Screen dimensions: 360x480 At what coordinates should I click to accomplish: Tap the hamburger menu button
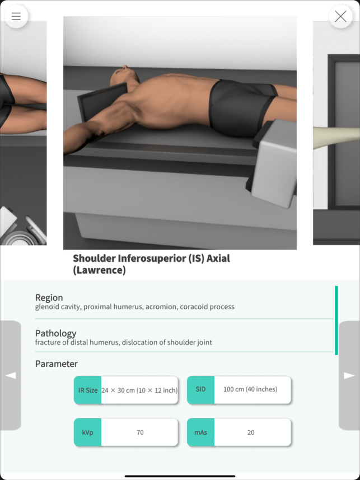point(16,16)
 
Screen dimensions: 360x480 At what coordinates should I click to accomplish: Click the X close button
point(340,17)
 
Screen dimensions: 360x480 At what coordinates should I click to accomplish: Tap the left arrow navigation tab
point(11,375)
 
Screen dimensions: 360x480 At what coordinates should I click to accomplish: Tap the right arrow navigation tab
point(349,375)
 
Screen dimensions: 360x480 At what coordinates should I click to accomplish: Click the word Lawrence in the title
point(99,270)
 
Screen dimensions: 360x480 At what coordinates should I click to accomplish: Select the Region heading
point(49,298)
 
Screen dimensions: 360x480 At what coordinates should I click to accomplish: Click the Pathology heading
point(56,333)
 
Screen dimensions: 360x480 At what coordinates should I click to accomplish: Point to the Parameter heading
point(57,364)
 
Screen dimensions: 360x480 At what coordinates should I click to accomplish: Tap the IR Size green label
point(88,390)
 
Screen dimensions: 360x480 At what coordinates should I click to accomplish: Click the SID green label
point(200,389)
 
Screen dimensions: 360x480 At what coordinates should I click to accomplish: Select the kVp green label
point(88,432)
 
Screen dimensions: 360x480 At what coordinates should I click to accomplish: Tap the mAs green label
point(200,432)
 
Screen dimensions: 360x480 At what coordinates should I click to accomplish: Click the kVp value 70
point(140,432)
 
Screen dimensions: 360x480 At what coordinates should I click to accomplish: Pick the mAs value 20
point(251,432)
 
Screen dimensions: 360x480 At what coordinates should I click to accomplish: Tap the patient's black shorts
point(242,106)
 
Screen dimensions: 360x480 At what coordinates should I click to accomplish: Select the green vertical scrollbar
point(336,320)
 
